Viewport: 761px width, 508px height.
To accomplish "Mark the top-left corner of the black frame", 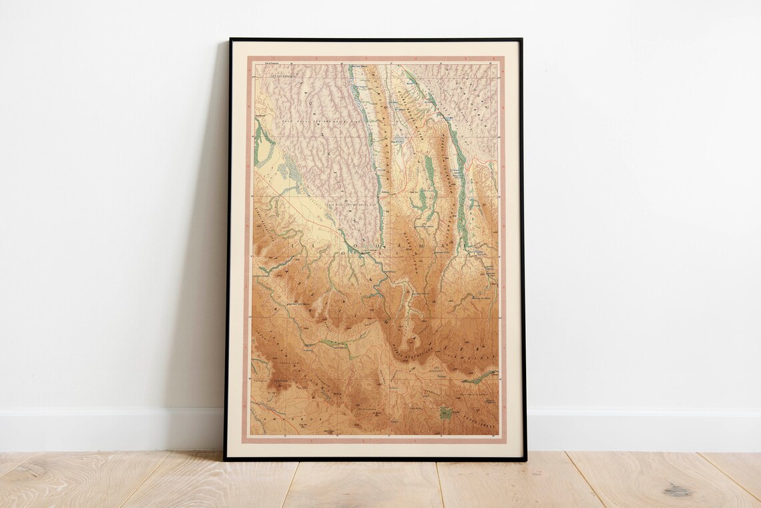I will click(x=230, y=39).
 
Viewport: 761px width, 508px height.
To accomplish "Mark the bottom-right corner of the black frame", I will click(x=525, y=459).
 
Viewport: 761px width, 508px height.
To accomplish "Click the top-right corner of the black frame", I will click(x=521, y=39).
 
